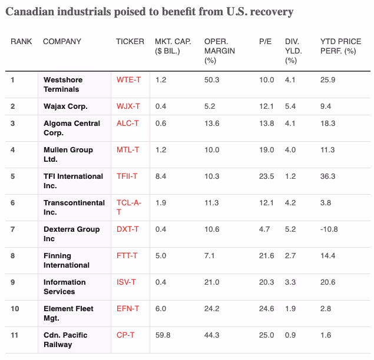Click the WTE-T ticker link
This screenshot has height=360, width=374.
click(128, 80)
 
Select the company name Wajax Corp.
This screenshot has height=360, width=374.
click(65, 106)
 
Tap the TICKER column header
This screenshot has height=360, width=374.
click(130, 41)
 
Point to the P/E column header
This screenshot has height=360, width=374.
click(265, 41)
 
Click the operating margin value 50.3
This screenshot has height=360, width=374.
click(211, 80)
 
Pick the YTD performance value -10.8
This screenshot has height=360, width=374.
click(329, 229)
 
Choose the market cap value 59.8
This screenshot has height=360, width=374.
click(163, 335)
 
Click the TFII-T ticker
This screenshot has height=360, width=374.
click(127, 176)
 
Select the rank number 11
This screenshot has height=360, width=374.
click(14, 335)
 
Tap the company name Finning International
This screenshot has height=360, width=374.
click(67, 261)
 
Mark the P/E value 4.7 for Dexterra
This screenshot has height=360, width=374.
click(264, 229)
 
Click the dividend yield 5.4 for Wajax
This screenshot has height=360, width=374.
click(290, 106)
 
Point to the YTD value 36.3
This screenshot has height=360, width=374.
click(327, 176)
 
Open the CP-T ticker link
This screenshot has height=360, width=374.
click(125, 335)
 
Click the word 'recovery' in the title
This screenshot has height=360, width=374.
click(272, 12)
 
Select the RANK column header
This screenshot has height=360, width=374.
click(21, 41)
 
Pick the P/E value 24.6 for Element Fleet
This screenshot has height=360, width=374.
click(266, 309)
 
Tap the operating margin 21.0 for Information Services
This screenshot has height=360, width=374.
click(211, 282)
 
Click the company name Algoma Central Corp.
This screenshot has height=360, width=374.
click(72, 128)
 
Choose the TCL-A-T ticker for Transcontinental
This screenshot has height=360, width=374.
click(129, 207)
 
